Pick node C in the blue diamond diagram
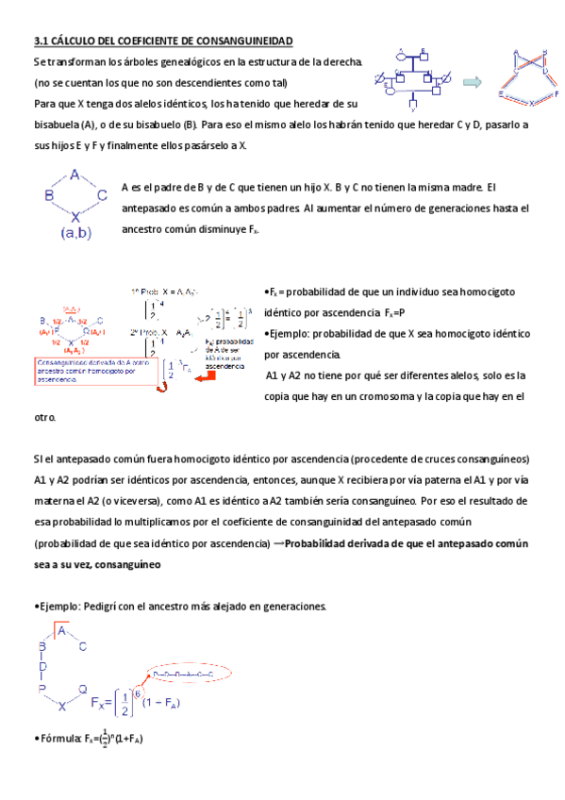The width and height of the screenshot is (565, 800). [x=102, y=195]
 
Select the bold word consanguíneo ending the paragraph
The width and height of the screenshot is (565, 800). [x=120, y=564]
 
